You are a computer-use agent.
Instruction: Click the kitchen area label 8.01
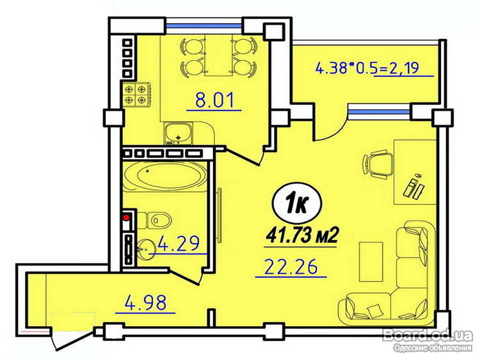pyautogui.click(x=214, y=100)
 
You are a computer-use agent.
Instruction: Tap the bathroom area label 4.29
pyautogui.click(x=178, y=243)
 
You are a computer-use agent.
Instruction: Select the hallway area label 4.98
pyautogui.click(x=145, y=302)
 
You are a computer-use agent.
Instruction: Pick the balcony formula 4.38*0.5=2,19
pyautogui.click(x=367, y=68)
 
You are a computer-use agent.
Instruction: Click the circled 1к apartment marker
pyautogui.click(x=296, y=204)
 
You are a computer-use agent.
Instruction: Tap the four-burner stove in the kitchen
pyautogui.click(x=135, y=95)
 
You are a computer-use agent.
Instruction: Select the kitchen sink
pyautogui.click(x=177, y=134)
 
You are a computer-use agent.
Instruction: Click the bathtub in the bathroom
pyautogui.click(x=166, y=176)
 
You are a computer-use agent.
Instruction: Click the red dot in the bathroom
pyautogui.click(x=126, y=218)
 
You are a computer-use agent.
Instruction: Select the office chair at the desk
pyautogui.click(x=378, y=163)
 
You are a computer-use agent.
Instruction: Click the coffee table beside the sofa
pyautogui.click(x=371, y=262)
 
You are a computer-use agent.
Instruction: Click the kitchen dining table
pyautogui.click(x=218, y=55)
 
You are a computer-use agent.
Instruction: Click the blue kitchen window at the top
pyautogui.click(x=204, y=26)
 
